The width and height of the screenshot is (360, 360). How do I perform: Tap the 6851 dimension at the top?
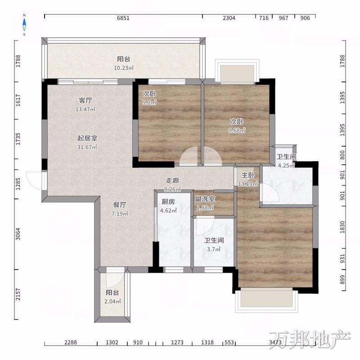(x=123, y=18)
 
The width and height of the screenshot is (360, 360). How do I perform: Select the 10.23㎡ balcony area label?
(x=124, y=68)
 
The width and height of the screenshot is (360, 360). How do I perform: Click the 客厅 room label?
(x=85, y=100)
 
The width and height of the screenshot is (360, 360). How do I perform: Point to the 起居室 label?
(x=87, y=138)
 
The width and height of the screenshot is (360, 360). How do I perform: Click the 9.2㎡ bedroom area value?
(x=149, y=103)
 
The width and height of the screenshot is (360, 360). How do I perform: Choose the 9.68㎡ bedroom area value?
(x=237, y=130)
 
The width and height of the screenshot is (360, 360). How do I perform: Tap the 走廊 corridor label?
(x=172, y=181)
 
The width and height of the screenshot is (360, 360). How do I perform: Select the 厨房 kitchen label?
(x=168, y=202)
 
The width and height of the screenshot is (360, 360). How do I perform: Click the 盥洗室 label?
(x=205, y=199)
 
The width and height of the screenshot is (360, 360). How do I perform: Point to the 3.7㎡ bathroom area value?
(x=214, y=249)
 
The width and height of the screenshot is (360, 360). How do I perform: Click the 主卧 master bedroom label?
(x=248, y=175)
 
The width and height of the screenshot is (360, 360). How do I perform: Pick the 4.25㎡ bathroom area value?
(x=286, y=166)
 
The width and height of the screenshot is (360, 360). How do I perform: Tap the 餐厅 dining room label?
(x=120, y=205)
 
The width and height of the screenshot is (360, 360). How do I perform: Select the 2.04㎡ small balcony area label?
(x=113, y=301)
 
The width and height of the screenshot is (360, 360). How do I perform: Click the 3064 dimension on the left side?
(x=18, y=234)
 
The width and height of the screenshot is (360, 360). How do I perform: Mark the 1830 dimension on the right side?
(x=342, y=227)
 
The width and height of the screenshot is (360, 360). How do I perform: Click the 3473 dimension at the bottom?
(x=275, y=342)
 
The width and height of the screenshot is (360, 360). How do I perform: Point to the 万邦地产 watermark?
(x=310, y=340)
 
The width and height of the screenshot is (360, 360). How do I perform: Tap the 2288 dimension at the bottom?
(x=71, y=342)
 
